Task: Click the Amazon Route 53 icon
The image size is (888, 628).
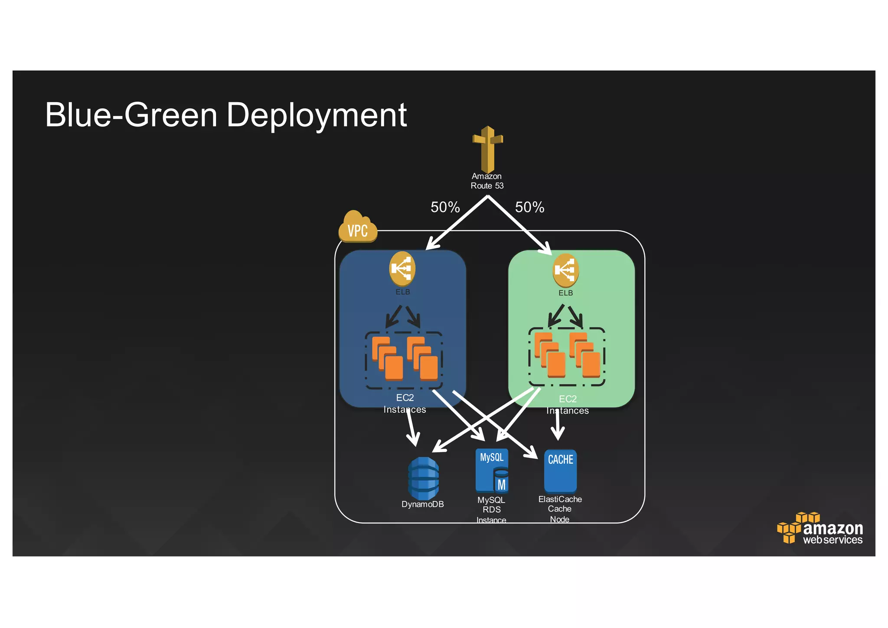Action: (x=488, y=149)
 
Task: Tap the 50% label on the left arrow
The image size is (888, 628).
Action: (x=445, y=207)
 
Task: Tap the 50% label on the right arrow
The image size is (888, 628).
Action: (x=529, y=207)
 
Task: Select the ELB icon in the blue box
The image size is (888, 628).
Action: (x=402, y=269)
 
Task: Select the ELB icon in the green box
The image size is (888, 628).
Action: (x=565, y=270)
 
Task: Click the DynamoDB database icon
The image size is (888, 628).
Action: (x=423, y=478)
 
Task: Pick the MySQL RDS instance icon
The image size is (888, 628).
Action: (x=492, y=471)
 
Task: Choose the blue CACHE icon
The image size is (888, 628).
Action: (x=560, y=471)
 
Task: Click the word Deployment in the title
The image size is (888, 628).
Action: (x=317, y=115)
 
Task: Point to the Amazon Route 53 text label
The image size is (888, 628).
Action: (x=487, y=181)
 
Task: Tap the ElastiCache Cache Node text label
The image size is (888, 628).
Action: (x=560, y=509)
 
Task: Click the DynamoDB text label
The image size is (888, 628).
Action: (x=423, y=504)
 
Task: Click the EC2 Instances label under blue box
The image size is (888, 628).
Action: (x=405, y=404)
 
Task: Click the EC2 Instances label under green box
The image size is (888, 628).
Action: (x=568, y=405)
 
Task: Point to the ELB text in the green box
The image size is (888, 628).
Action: (x=565, y=293)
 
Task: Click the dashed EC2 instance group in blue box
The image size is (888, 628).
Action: (x=404, y=360)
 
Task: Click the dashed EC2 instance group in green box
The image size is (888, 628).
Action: (x=567, y=357)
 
